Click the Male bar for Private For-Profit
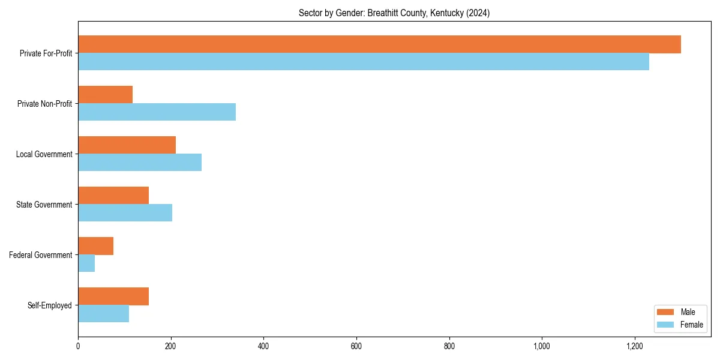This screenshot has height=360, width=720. point(379,44)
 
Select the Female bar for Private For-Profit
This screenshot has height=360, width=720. point(364,62)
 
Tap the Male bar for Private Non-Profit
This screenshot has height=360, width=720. point(105,95)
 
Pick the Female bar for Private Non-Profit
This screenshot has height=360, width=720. point(157,112)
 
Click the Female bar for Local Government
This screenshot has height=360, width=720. point(140,163)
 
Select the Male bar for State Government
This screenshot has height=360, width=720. point(113,196)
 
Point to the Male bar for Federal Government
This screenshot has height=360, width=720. point(95,246)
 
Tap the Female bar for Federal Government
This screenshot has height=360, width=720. point(86,263)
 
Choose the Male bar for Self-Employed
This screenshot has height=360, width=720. point(113,296)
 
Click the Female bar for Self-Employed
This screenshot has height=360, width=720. point(103,314)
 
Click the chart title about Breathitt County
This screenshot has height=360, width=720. point(394,13)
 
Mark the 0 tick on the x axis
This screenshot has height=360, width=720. point(78,346)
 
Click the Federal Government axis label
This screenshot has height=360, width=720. point(41,255)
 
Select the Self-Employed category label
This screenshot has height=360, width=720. point(50,305)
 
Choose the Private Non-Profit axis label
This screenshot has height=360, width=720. point(45,104)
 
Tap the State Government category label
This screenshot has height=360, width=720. point(44,205)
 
